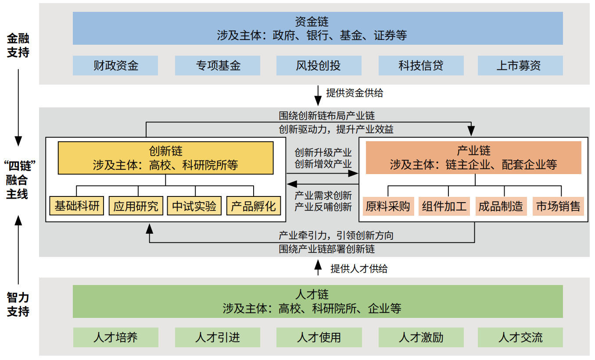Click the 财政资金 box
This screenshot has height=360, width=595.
pyautogui.click(x=115, y=66)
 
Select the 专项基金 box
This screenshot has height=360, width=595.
pyautogui.click(x=218, y=66)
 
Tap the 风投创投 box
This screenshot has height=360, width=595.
pyautogui.click(x=319, y=66)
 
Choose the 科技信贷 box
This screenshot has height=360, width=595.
pyautogui.click(x=421, y=66)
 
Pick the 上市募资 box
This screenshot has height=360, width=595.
pyautogui.click(x=520, y=66)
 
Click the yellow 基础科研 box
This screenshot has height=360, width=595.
pyautogui.click(x=77, y=206)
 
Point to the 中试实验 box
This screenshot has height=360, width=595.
pyautogui.click(x=194, y=206)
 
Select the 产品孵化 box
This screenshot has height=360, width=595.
pyautogui.click(x=254, y=206)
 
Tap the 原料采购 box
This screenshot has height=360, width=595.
pyautogui.click(x=388, y=206)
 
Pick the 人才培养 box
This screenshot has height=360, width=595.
pyautogui.click(x=115, y=337)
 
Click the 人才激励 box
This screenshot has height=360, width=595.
pyautogui.click(x=421, y=337)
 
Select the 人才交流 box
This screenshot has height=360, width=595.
pyautogui.click(x=520, y=337)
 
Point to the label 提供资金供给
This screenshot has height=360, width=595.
pyautogui.click(x=355, y=93)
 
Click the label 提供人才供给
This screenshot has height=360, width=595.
pyautogui.click(x=359, y=269)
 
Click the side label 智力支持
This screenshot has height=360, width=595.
pyautogui.click(x=18, y=304)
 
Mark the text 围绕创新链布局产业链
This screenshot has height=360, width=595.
pyautogui.click(x=327, y=116)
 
